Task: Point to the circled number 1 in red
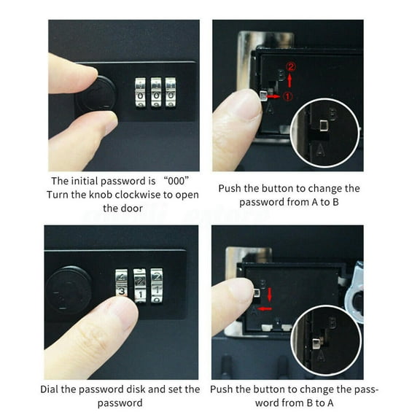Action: click(288, 96)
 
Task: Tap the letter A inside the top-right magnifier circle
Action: click(322, 148)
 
